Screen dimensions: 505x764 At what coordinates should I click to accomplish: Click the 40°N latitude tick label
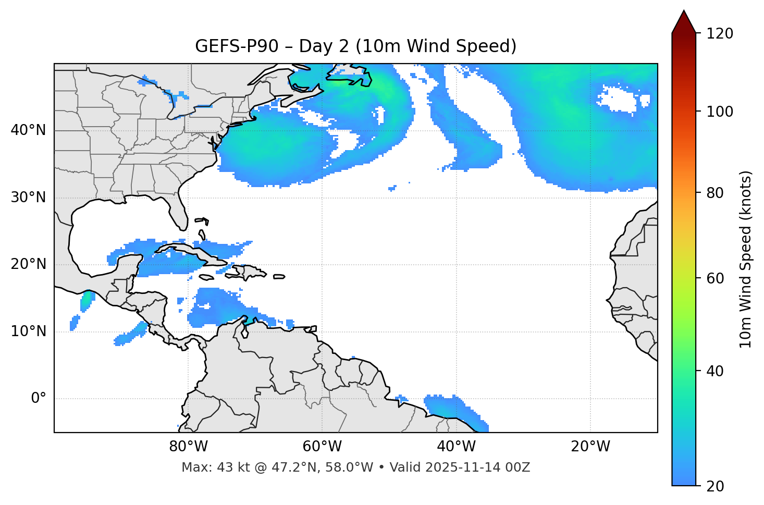28,130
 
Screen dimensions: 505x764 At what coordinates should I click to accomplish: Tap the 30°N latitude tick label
28,198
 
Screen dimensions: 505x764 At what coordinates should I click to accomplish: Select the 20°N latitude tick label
28,264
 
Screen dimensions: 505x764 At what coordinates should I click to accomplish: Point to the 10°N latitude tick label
28,331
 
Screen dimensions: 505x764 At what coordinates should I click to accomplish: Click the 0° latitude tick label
39,399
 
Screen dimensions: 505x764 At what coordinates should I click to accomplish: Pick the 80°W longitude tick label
188,447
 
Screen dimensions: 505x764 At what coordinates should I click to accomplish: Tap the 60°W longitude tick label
322,447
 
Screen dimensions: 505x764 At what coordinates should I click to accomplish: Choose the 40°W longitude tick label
456,447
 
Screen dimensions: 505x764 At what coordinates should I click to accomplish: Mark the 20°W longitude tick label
590,447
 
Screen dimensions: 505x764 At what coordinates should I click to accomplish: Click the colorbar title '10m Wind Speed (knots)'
746,260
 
